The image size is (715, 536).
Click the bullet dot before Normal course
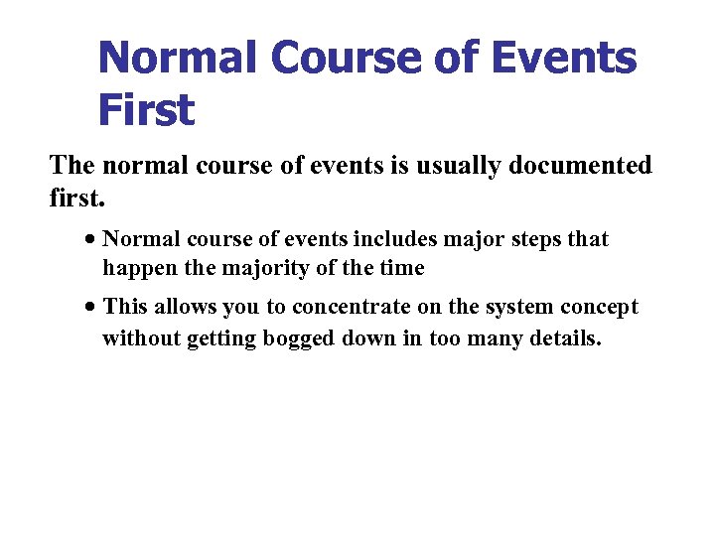point(90,240)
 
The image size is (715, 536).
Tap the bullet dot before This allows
point(90,308)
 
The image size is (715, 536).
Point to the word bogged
point(299,338)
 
